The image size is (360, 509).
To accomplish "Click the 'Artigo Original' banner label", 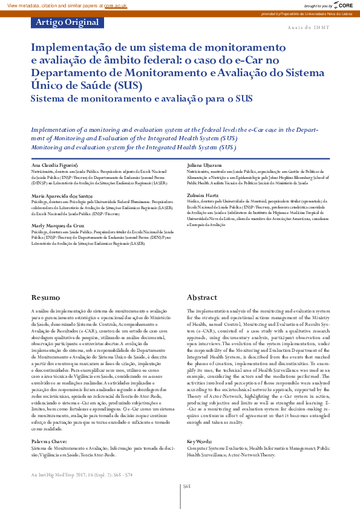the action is [67, 23].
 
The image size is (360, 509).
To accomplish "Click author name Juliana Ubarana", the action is [206, 164].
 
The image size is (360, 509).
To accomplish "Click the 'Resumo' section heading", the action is [45, 298].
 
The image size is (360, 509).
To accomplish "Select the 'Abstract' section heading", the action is [201, 298].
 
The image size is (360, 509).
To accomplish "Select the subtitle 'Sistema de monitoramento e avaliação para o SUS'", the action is [142, 99].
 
